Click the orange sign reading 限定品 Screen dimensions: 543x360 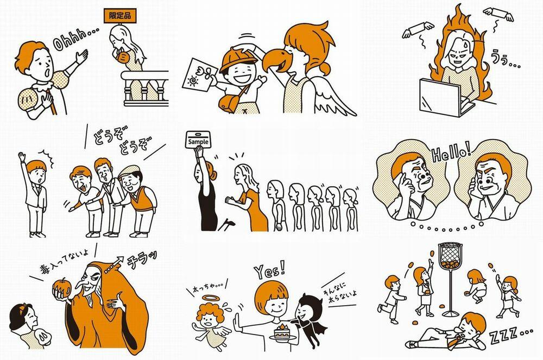coord(120,16)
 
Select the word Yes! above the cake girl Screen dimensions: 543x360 coord(270,270)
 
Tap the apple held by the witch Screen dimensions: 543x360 coord(62,287)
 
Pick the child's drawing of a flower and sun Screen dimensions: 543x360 coord(200,74)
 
